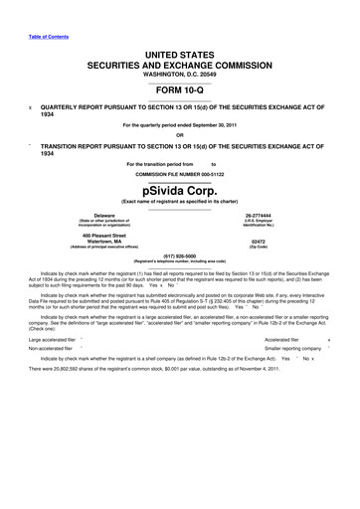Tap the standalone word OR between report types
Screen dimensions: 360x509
tap(179, 135)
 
